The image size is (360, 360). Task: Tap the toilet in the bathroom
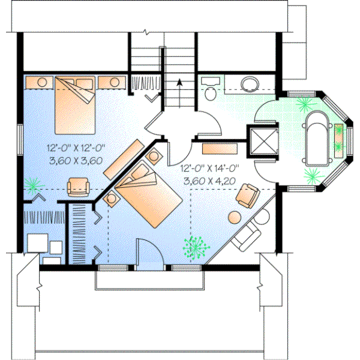click(209, 91)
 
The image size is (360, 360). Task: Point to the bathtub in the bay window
click(316, 137)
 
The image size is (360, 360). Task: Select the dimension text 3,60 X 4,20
click(210, 180)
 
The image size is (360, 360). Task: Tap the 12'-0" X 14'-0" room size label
click(210, 169)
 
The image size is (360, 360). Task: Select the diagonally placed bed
click(146, 198)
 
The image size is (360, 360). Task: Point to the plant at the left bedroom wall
click(34, 182)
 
